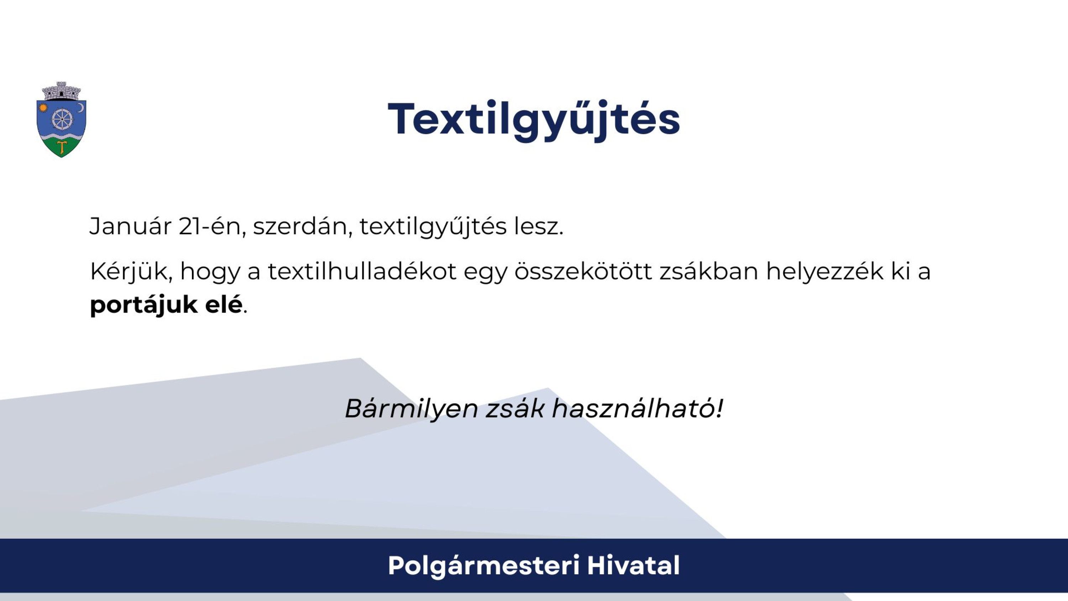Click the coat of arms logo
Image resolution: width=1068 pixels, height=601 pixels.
tap(61, 120)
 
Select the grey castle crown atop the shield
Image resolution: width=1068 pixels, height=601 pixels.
tap(61, 91)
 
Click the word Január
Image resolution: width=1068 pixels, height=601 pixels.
tap(130, 226)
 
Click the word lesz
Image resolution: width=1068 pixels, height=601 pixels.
tap(539, 226)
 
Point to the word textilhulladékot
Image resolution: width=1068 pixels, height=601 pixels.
tap(362, 271)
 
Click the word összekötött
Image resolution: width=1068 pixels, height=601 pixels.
tap(583, 271)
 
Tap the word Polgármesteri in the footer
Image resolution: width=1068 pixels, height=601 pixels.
tap(483, 566)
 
